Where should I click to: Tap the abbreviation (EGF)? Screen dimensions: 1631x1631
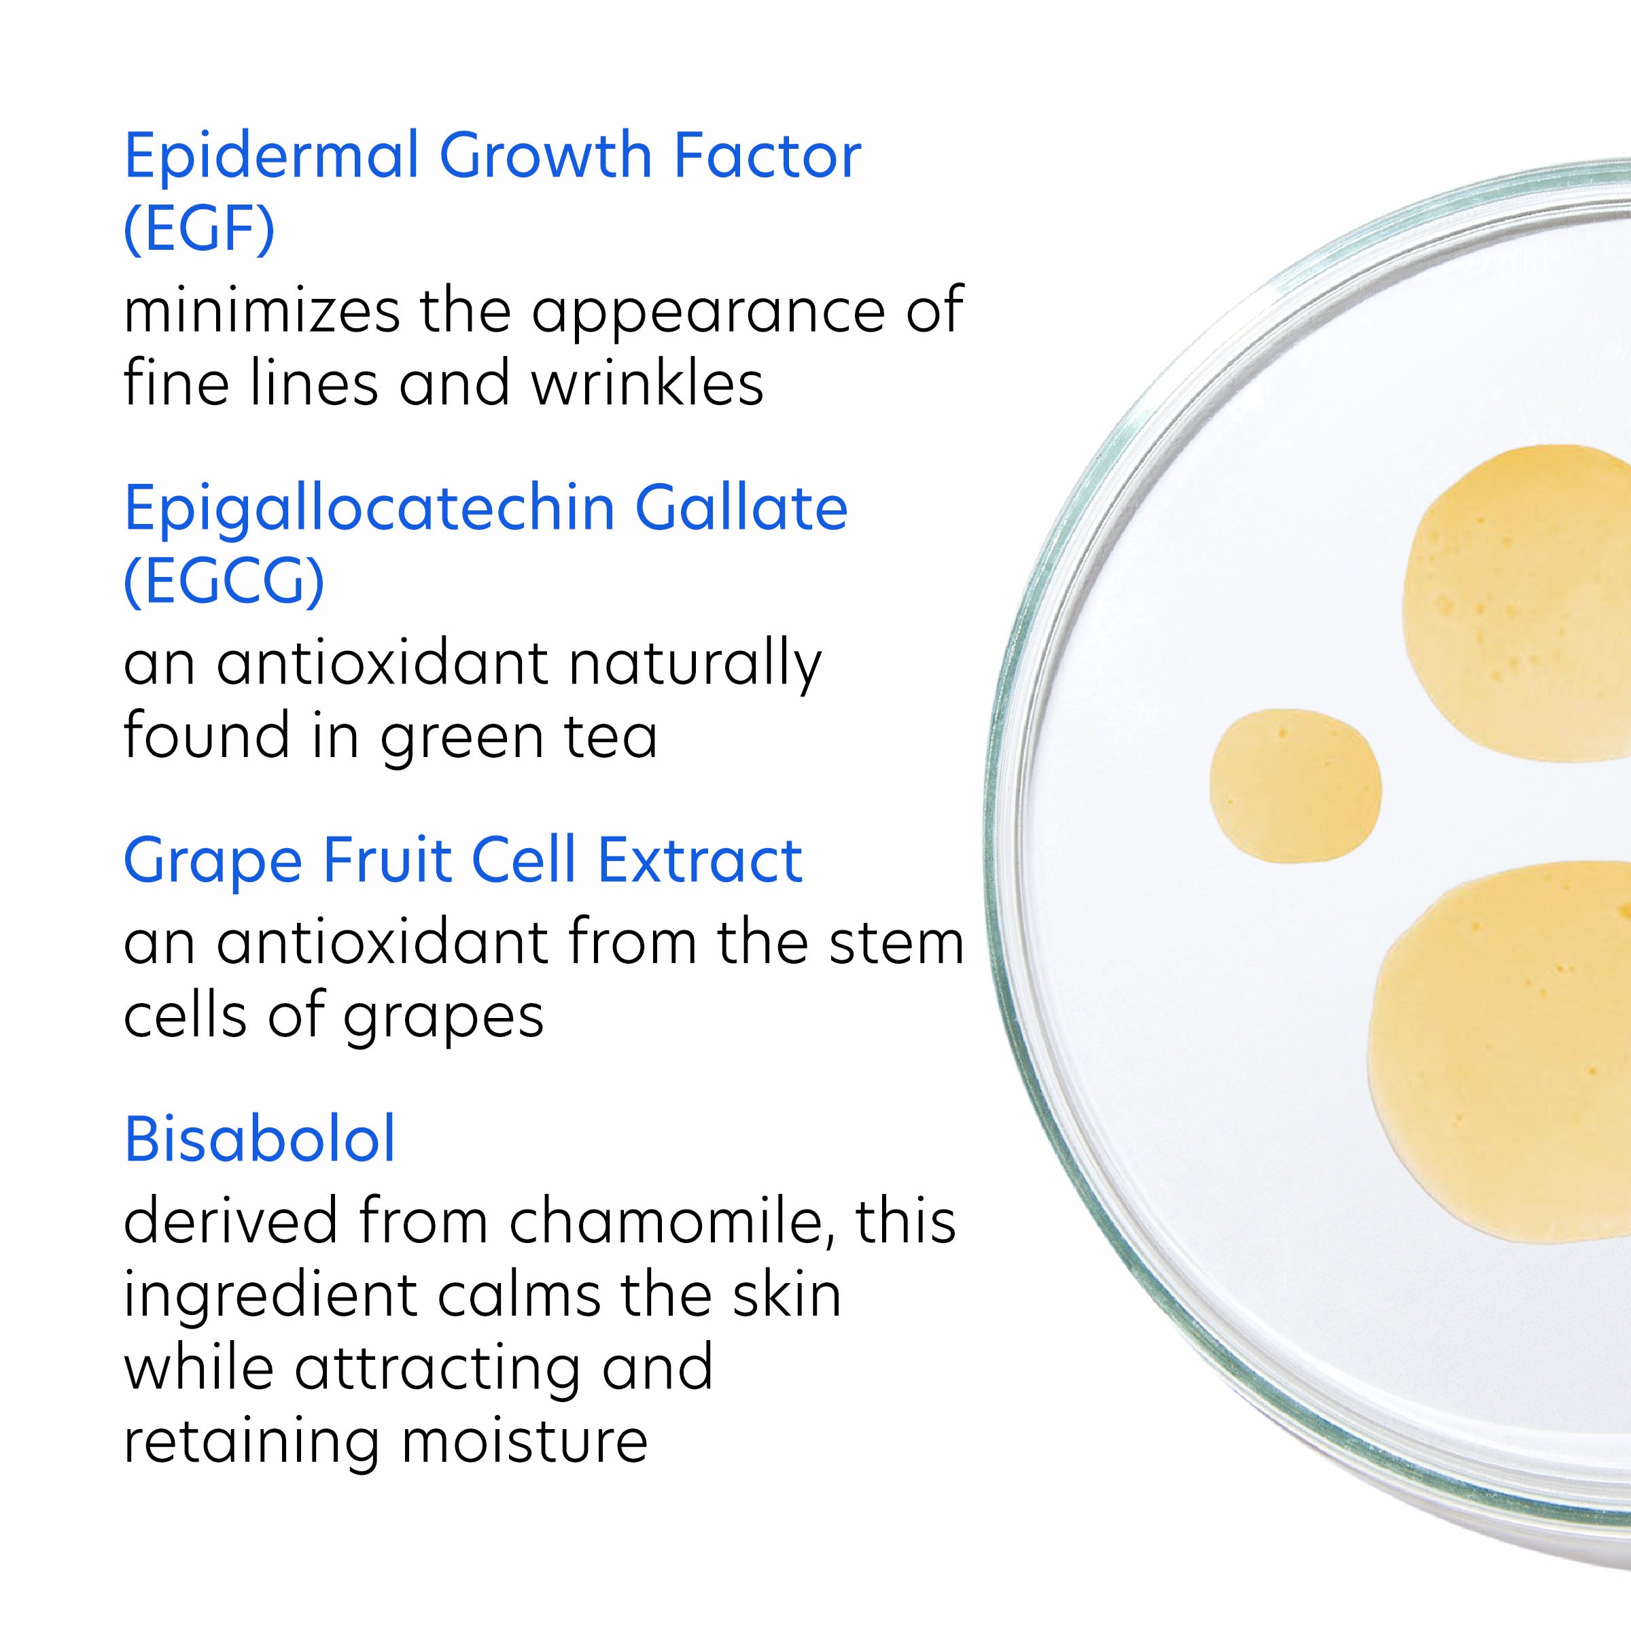tap(199, 230)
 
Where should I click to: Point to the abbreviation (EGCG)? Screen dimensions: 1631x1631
tap(224, 582)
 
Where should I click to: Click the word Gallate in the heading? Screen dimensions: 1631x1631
tap(741, 508)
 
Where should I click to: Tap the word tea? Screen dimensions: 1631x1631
tap(614, 737)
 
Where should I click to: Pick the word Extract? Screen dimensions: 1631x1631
tap(700, 861)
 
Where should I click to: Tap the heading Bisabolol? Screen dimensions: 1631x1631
tap(260, 1140)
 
